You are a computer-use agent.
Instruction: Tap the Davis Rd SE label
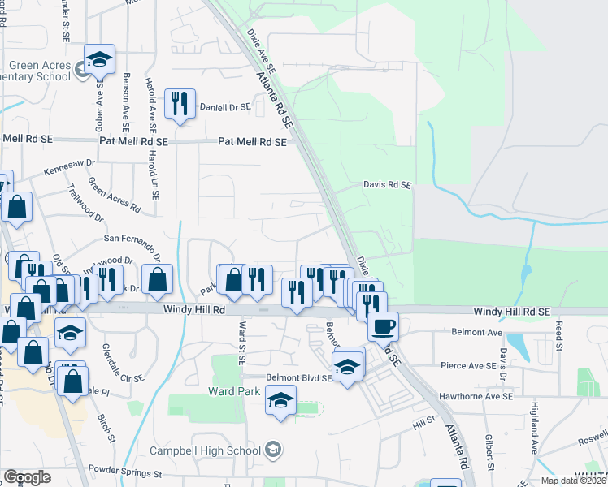(x=387, y=185)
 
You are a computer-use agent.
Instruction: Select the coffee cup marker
(x=383, y=326)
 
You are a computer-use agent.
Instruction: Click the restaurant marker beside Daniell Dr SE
(x=179, y=104)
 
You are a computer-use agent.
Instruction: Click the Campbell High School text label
(x=205, y=450)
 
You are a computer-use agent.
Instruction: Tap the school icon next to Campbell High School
(x=275, y=450)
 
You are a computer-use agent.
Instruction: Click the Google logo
(x=26, y=477)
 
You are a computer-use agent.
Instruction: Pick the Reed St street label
(x=558, y=331)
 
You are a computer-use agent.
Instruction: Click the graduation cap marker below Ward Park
(x=281, y=400)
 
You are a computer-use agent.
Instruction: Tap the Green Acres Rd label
(x=114, y=196)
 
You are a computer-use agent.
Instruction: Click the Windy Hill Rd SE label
(x=512, y=312)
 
